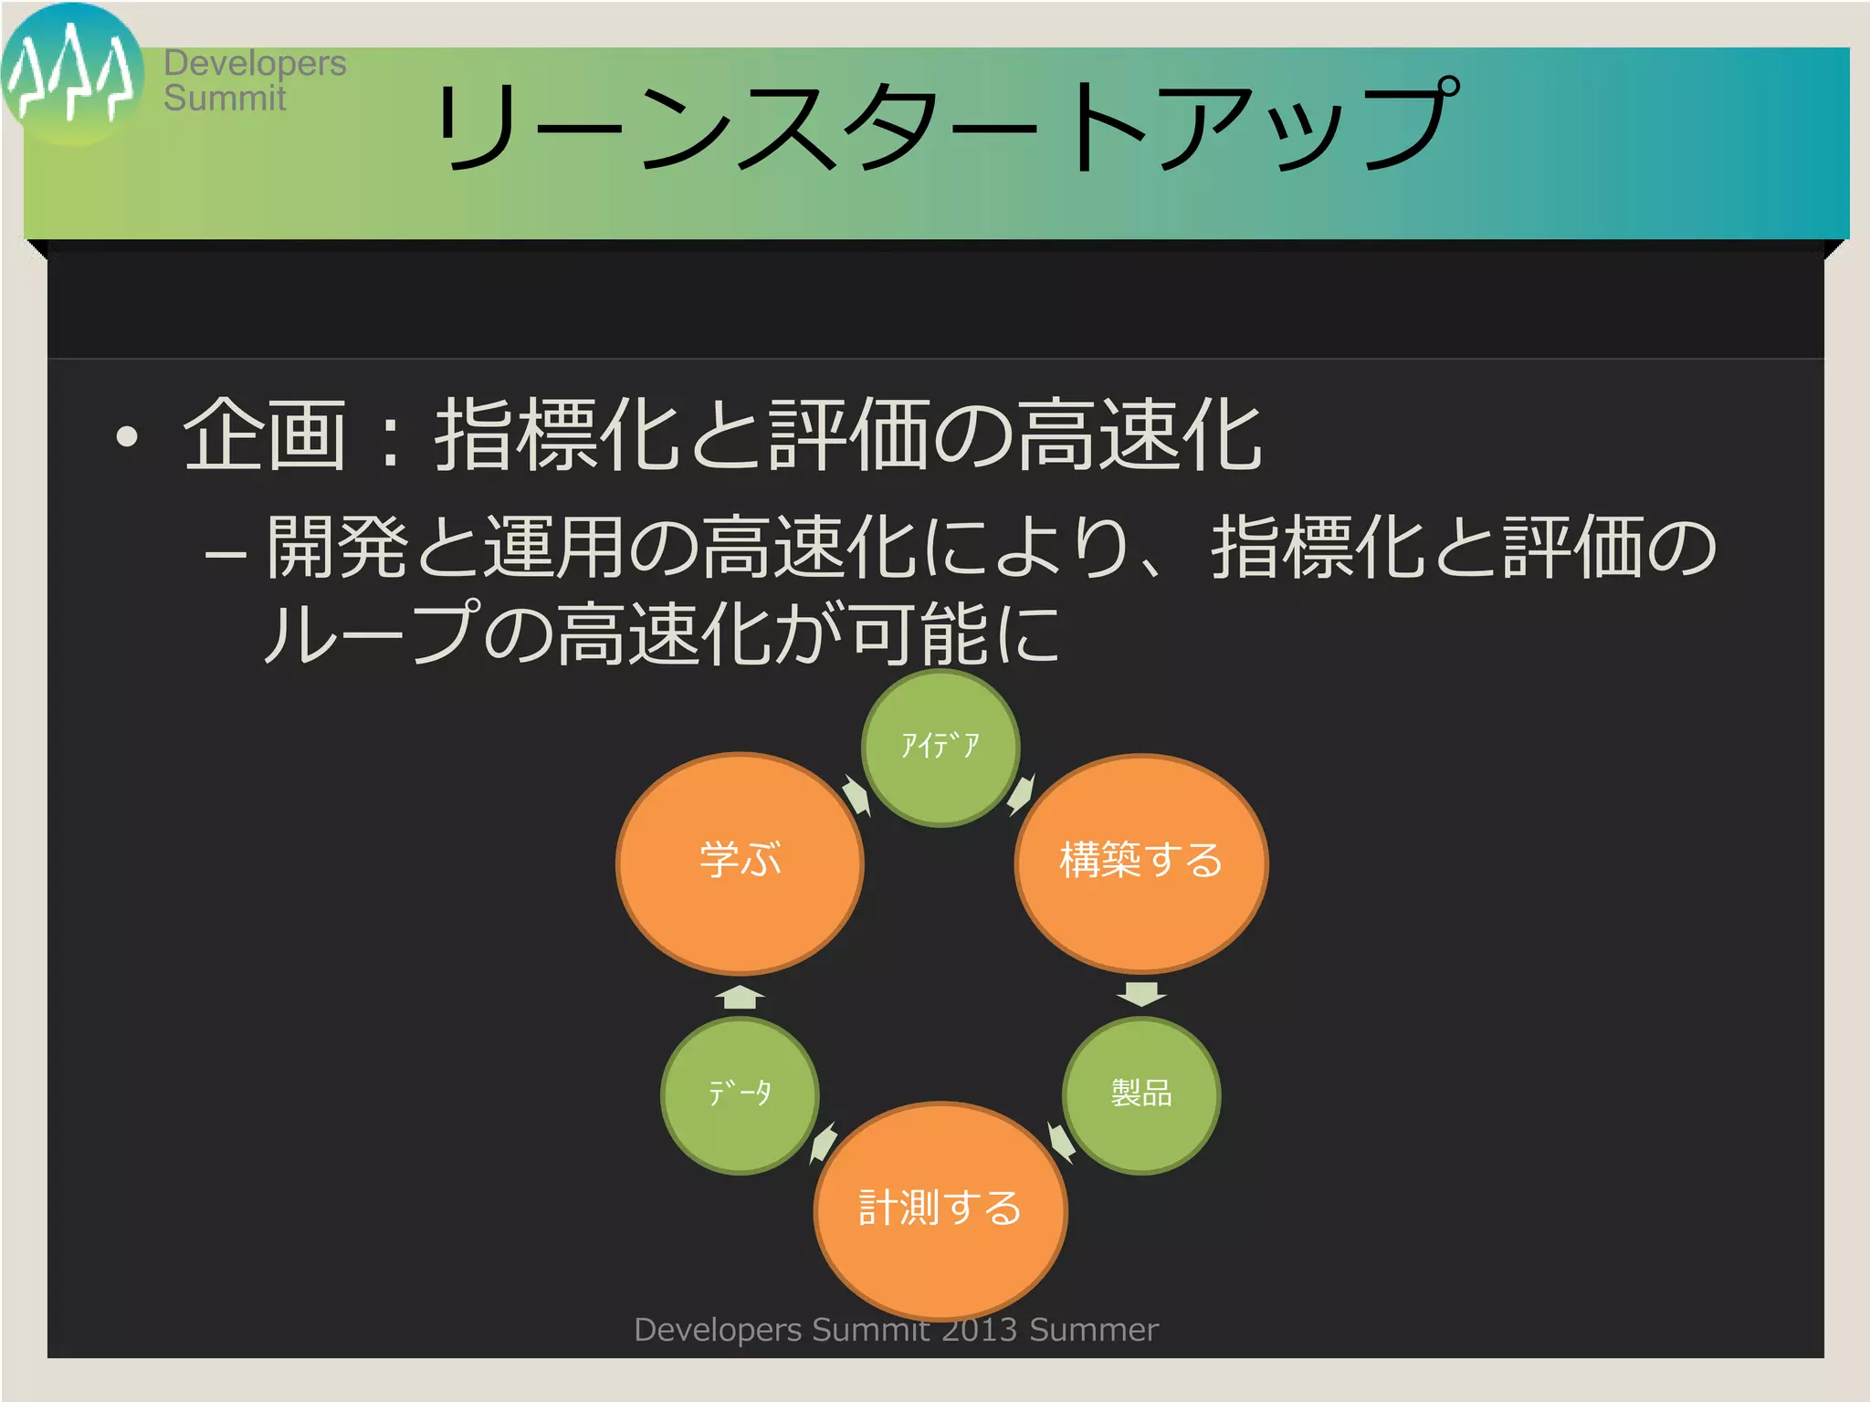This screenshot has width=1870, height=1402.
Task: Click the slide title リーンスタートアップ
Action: click(x=945, y=125)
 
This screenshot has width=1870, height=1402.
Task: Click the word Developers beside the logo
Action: click(x=255, y=63)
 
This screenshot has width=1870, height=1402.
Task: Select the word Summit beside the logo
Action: click(x=225, y=98)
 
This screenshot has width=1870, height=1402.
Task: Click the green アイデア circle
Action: click(x=940, y=748)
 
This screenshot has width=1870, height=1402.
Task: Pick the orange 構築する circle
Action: click(x=1140, y=862)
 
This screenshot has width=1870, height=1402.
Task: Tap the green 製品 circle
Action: click(x=1140, y=1093)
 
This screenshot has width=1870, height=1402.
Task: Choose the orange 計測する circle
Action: click(x=940, y=1208)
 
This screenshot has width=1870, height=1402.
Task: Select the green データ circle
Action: click(x=740, y=1093)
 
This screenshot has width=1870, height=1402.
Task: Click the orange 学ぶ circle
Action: click(x=740, y=862)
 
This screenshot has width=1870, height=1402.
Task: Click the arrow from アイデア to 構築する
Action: click(x=1021, y=794)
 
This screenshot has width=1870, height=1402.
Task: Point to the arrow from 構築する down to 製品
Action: click(x=1141, y=994)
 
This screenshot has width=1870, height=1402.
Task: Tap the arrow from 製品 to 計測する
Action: click(x=1061, y=1142)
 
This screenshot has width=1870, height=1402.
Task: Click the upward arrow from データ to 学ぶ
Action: click(x=740, y=997)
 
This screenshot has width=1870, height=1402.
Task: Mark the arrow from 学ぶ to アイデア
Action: click(x=856, y=795)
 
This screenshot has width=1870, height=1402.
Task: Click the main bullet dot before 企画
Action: click(x=127, y=437)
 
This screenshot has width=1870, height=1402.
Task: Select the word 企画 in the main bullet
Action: click(x=265, y=435)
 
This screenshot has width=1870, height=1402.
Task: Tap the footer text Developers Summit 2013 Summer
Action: click(x=896, y=1330)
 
